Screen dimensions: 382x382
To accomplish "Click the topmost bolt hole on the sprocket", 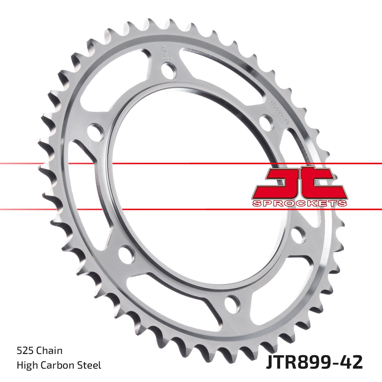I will [169, 69].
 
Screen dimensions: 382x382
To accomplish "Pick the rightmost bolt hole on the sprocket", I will [298, 235].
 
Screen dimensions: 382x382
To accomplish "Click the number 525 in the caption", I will [25, 351].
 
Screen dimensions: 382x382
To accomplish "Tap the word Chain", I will [50, 351].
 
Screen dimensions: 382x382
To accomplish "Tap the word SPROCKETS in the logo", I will [299, 203].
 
